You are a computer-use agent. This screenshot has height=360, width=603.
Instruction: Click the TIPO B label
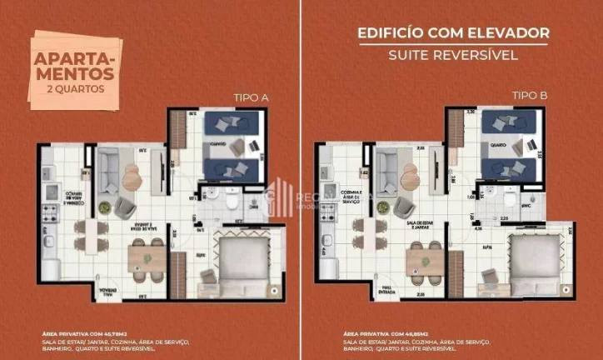[x=530, y=97]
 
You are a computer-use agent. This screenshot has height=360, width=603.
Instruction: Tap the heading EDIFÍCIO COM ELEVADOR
[x=453, y=33]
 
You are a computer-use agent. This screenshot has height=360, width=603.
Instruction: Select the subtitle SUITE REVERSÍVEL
[x=453, y=56]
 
